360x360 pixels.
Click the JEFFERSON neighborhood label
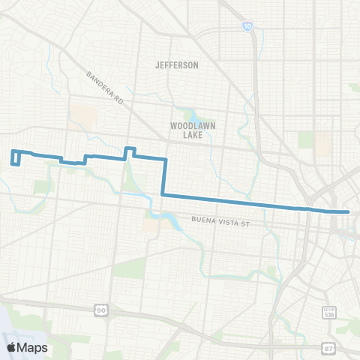tap(177, 65)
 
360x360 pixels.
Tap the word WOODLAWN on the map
tap(187, 126)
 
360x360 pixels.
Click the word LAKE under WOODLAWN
tap(187, 135)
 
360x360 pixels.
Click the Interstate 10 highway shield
tap(247, 25)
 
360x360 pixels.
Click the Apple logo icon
tap(13, 347)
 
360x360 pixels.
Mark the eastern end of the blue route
tap(349, 212)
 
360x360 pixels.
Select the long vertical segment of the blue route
tap(164, 177)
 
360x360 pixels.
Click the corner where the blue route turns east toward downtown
tap(163, 196)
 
